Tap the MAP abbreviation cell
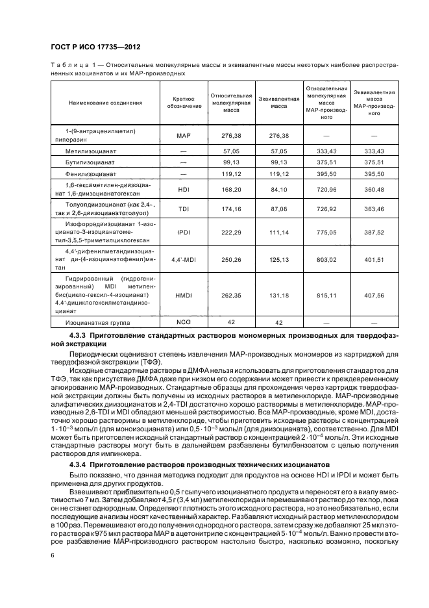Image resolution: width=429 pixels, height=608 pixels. (183, 136)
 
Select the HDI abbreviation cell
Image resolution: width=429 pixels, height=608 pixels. (183, 190)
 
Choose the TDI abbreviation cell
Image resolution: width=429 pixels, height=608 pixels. (183, 210)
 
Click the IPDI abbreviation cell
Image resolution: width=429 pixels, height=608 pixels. (183, 231)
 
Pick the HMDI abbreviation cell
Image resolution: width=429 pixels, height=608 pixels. (183, 296)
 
